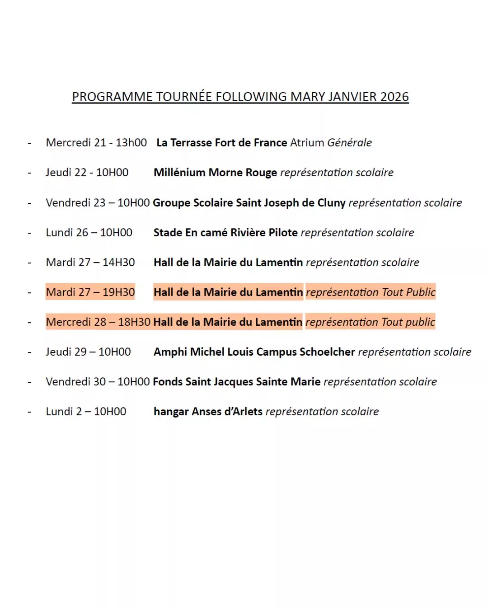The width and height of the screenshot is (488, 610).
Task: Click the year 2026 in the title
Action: [x=394, y=97]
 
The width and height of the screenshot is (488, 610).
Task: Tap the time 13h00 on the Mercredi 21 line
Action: [x=131, y=143]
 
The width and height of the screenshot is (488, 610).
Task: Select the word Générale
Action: [x=349, y=143]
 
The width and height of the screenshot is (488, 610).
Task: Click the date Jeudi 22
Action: [x=66, y=173]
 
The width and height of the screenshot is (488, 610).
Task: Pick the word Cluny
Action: [x=331, y=203]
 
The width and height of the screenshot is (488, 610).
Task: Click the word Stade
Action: [x=168, y=233]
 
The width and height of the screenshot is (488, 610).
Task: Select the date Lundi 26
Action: [x=67, y=233]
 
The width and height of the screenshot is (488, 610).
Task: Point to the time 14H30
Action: [x=118, y=263]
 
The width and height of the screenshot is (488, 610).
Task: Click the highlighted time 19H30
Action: [x=118, y=292]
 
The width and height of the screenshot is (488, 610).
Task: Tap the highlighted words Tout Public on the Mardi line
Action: [x=408, y=292]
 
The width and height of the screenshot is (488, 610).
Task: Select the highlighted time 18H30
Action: [x=134, y=322]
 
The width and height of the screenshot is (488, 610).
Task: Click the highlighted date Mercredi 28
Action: [x=76, y=322]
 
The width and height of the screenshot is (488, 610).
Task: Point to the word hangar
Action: [x=171, y=412]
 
